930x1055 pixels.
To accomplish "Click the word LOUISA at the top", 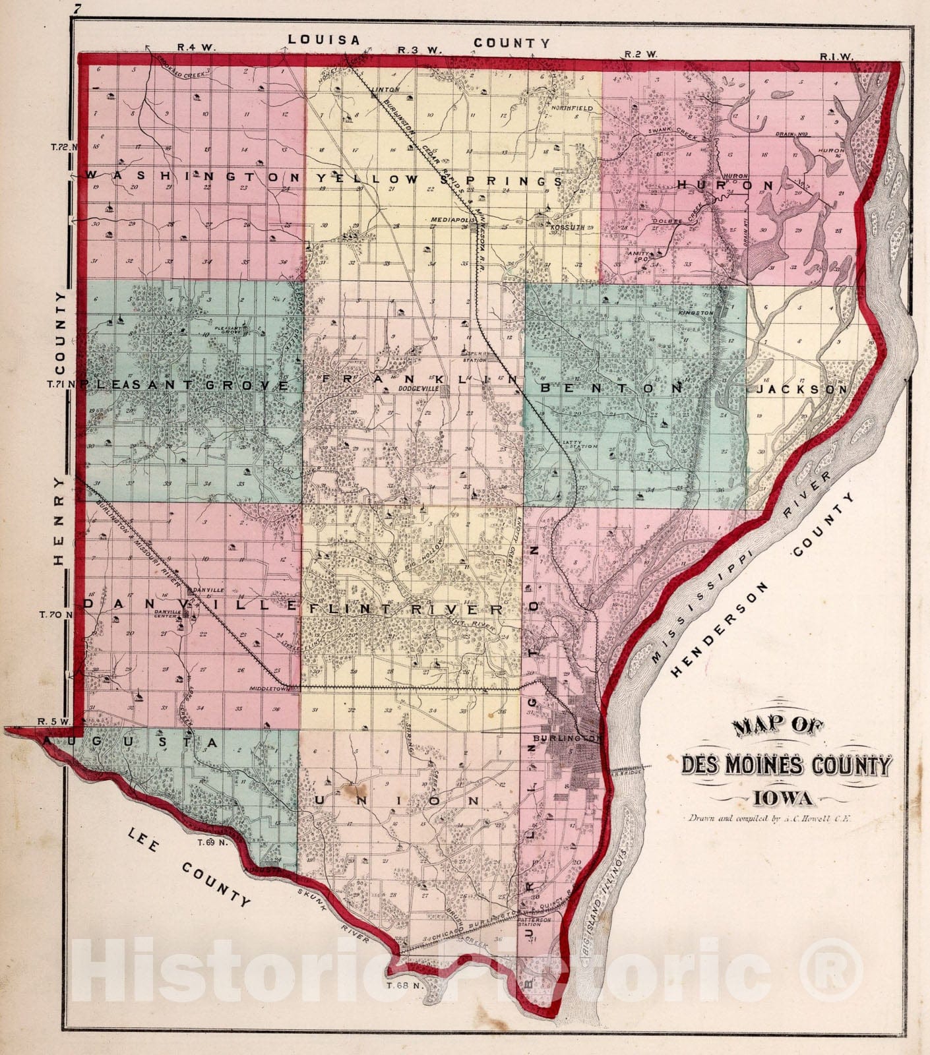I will pos(324,40).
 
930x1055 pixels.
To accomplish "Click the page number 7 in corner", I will pos(78,9).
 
